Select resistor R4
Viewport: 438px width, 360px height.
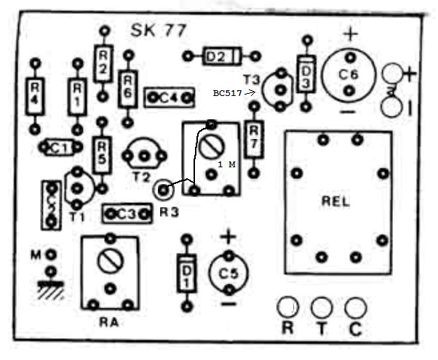click(x=33, y=95)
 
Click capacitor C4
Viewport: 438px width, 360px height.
click(x=170, y=96)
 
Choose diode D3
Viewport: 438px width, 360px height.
click(x=306, y=73)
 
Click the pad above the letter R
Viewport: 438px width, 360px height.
click(x=288, y=305)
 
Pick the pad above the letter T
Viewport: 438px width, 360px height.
click(x=322, y=305)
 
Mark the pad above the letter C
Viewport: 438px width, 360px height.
click(x=355, y=305)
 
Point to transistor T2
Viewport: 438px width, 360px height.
click(x=146, y=155)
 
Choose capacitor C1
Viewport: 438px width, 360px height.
click(x=60, y=148)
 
